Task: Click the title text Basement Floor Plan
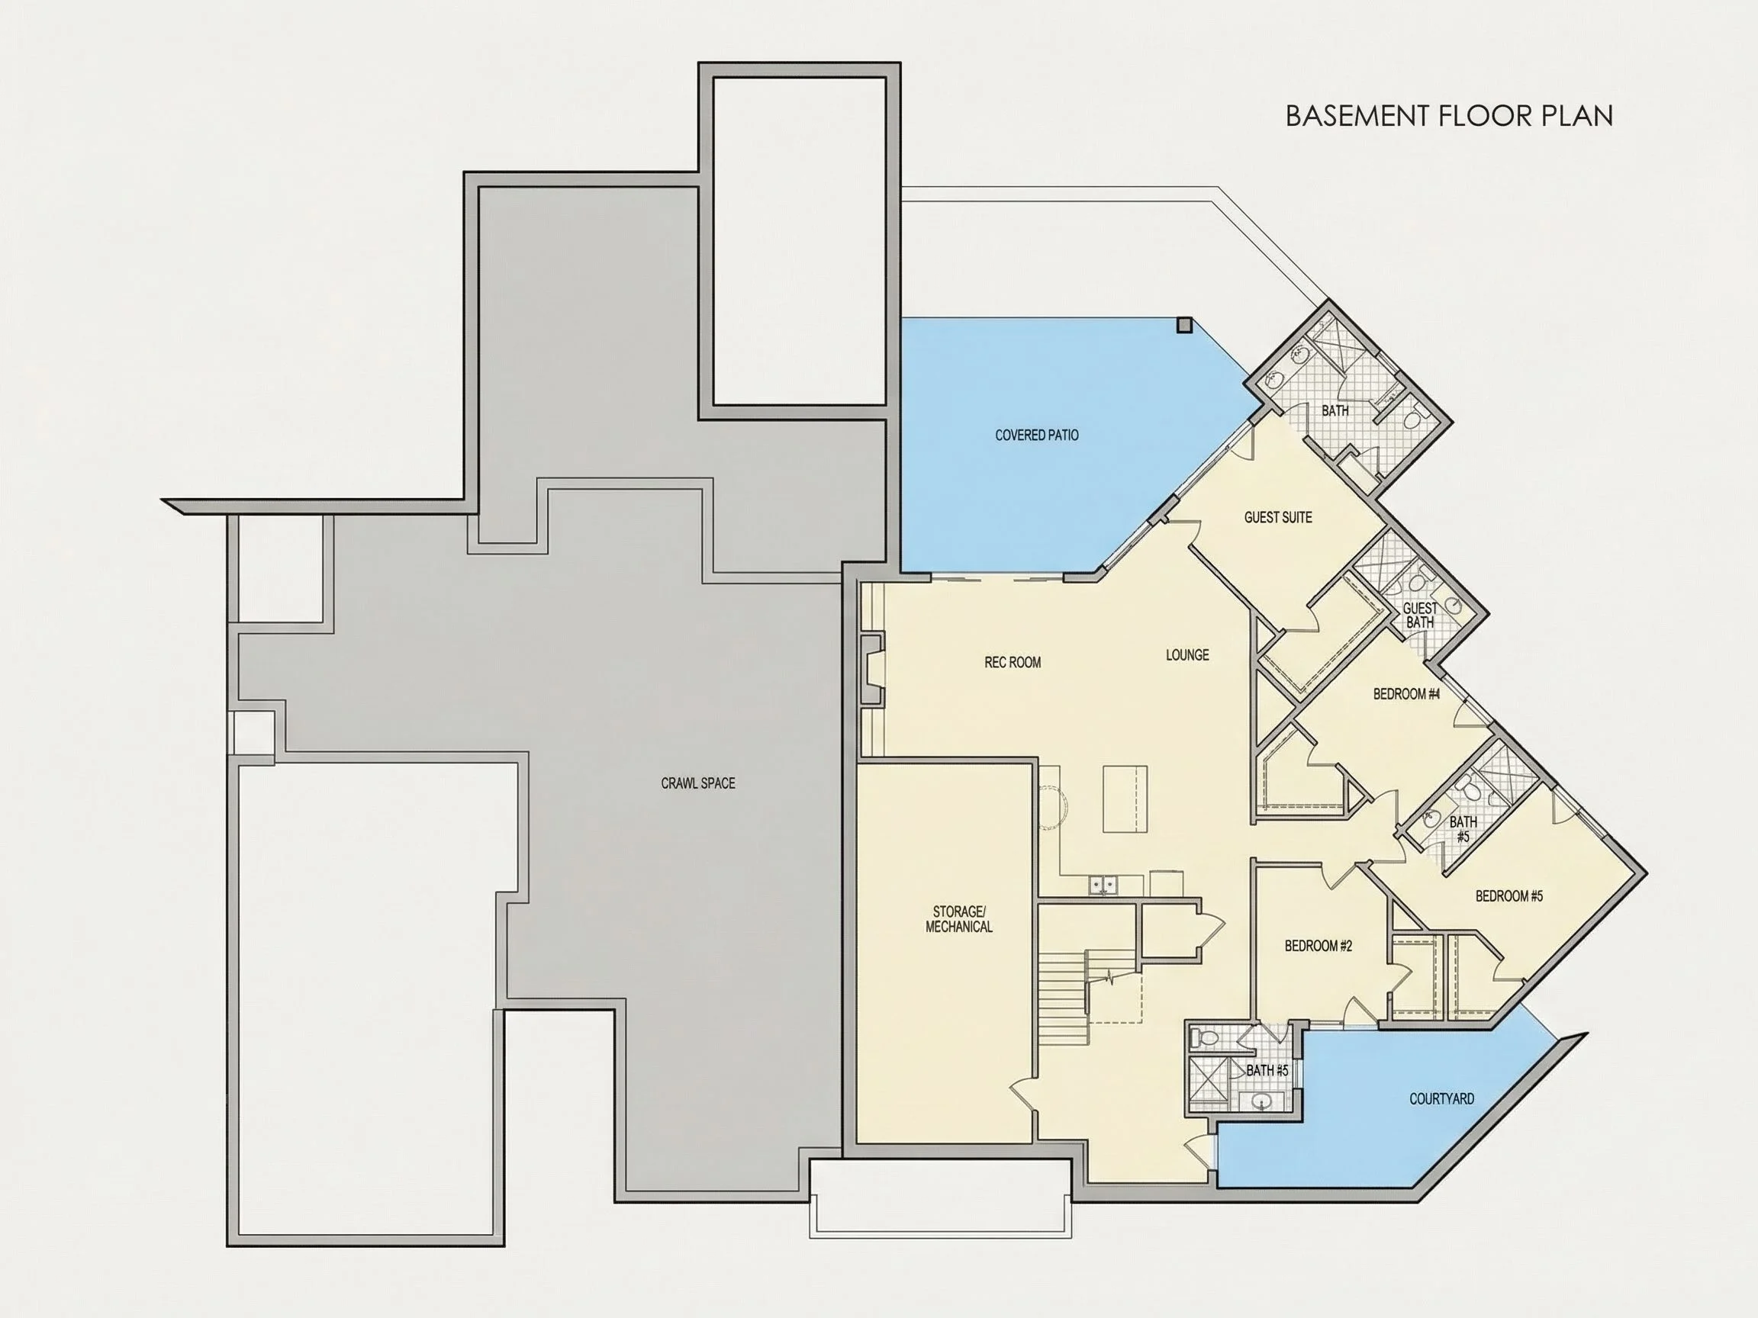click(1449, 116)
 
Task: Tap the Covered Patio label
click(1036, 436)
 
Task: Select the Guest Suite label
click(1278, 517)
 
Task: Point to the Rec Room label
click(1013, 662)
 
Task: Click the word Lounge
click(1187, 654)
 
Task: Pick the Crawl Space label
click(698, 783)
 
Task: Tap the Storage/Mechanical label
click(959, 918)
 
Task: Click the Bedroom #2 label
click(1318, 947)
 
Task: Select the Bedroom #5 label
click(1509, 896)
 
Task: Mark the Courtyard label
click(1441, 1099)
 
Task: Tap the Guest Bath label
click(1420, 616)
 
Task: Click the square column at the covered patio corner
click(1184, 324)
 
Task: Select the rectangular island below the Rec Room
click(1125, 799)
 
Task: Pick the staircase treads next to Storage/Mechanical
click(1062, 988)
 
